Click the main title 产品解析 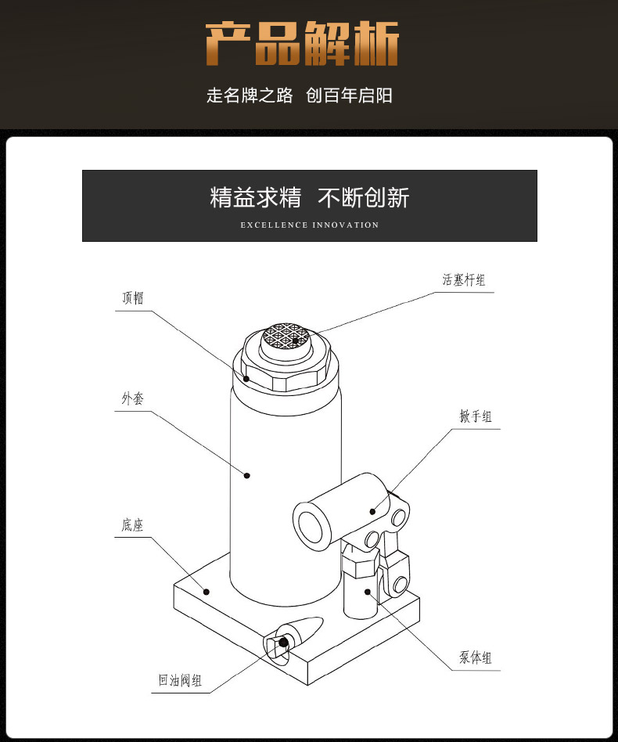pyautogui.click(x=302, y=44)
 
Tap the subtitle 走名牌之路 pyautogui.click(x=250, y=95)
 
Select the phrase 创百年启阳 pyautogui.click(x=350, y=95)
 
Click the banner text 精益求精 pyautogui.click(x=255, y=198)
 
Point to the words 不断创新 pyautogui.click(x=363, y=198)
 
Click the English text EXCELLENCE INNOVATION pyautogui.click(x=309, y=225)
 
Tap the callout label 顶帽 pyautogui.click(x=133, y=298)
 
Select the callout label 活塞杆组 pyautogui.click(x=464, y=279)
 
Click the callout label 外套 pyautogui.click(x=132, y=398)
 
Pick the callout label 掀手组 pyautogui.click(x=476, y=416)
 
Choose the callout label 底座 pyautogui.click(x=132, y=525)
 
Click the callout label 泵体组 pyautogui.click(x=476, y=657)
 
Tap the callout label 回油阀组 pyautogui.click(x=176, y=680)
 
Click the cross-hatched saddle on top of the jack pyautogui.click(x=286, y=337)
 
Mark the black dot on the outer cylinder pyautogui.click(x=246, y=475)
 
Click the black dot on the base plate pyautogui.click(x=207, y=592)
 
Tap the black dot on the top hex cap pyautogui.click(x=246, y=379)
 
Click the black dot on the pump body pyautogui.click(x=366, y=593)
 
